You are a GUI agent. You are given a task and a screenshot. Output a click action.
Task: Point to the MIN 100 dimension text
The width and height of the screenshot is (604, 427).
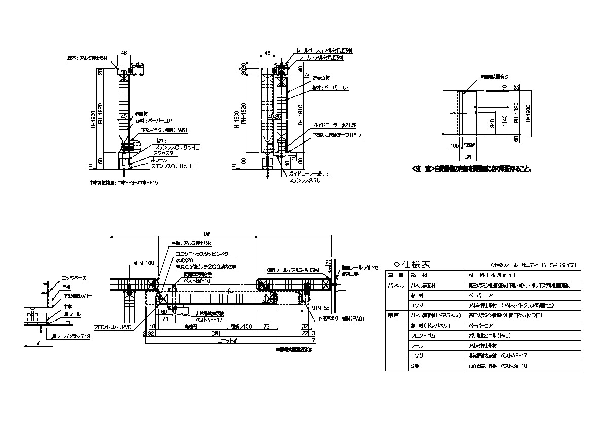[x=144, y=263]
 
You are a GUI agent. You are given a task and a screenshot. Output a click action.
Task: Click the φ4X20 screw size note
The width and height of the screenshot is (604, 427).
[x=185, y=260]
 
